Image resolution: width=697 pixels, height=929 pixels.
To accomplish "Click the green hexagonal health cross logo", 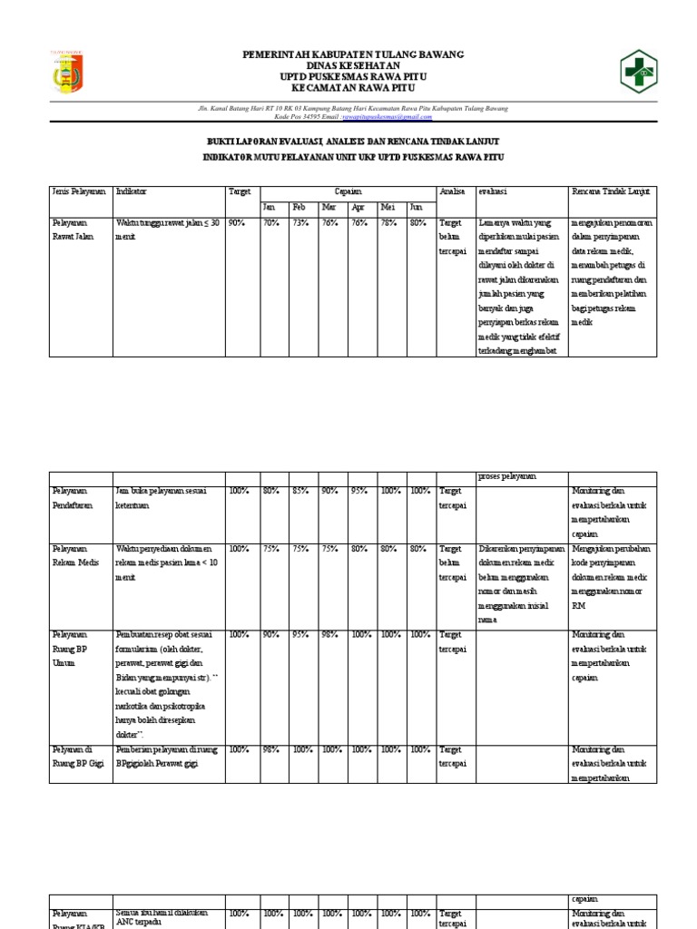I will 642,72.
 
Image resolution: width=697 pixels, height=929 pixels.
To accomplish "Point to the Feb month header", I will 299,207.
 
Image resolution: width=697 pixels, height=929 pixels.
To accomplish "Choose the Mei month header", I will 388,207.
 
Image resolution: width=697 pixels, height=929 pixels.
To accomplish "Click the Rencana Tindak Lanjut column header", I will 610,192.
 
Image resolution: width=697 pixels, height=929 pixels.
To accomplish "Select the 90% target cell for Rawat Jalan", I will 236,222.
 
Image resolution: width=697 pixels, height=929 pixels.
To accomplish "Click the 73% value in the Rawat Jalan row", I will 299,222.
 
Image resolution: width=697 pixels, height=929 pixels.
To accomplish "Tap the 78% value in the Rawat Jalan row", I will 388,222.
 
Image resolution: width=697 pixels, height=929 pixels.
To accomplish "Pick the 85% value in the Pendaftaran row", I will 299,492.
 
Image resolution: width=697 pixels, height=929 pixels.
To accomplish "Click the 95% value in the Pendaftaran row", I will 359,492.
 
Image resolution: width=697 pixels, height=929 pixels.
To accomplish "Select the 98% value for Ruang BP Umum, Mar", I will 329,635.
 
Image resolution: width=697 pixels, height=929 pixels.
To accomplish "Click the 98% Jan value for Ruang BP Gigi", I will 270,749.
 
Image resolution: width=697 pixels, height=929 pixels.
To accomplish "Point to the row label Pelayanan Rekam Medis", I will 71,555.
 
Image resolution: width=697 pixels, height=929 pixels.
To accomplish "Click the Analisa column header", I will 452,192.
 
